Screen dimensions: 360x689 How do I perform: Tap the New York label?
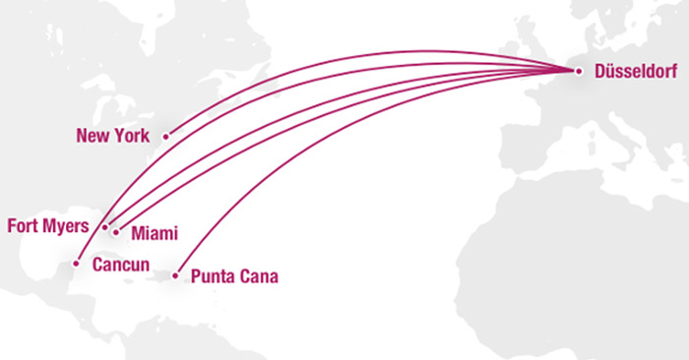[112, 136]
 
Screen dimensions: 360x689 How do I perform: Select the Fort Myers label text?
[48, 225]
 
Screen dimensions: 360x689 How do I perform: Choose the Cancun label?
[120, 265]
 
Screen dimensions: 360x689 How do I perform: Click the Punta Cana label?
[234, 276]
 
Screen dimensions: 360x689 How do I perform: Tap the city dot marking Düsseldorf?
[578, 70]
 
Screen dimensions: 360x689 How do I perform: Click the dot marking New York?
[165, 136]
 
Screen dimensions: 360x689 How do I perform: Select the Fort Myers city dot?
[104, 227]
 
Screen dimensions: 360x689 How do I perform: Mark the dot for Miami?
[116, 233]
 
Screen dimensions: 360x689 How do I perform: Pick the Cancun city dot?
[76, 264]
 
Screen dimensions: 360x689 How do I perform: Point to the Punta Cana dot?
[175, 275]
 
